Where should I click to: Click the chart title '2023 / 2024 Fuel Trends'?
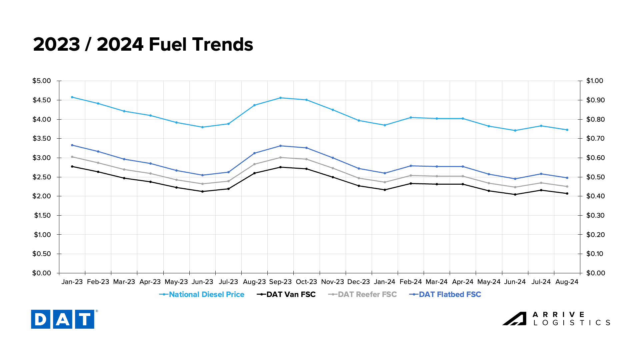tap(143, 44)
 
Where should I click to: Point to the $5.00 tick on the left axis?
tap(42, 81)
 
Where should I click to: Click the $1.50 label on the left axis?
tap(42, 215)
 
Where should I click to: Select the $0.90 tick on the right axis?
tap(595, 100)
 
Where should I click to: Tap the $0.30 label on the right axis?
tap(595, 215)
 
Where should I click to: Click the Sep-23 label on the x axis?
tap(280, 282)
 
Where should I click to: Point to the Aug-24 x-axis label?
tap(567, 282)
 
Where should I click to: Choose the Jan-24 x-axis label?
tap(384, 282)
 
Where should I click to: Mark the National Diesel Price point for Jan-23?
tap(72, 97)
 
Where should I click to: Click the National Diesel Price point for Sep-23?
tap(280, 98)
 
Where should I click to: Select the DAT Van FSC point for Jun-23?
tap(202, 191)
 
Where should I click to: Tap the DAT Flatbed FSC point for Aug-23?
tap(254, 153)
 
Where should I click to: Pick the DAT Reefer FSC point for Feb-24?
tap(411, 176)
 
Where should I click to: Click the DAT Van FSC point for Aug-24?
tap(567, 193)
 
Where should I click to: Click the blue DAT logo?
tap(63, 319)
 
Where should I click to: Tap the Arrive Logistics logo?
tap(556, 319)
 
